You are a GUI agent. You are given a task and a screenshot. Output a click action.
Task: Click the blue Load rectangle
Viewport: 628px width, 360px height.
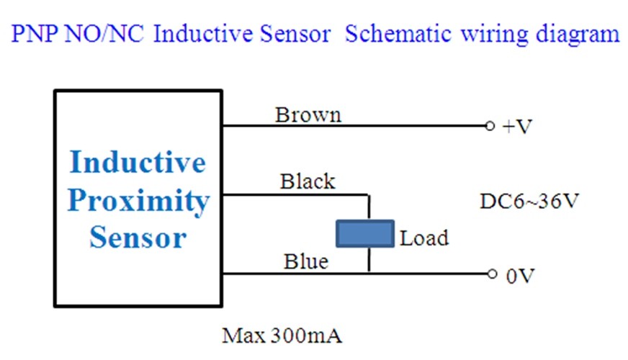pos(365,233)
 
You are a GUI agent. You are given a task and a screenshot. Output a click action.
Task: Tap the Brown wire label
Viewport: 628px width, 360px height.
pos(308,115)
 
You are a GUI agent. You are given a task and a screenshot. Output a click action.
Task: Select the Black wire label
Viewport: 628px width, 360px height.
pos(308,181)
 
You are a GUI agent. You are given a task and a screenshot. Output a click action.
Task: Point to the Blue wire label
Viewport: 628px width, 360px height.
pos(306,261)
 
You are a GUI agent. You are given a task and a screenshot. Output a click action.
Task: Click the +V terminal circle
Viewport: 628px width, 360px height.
pos(490,126)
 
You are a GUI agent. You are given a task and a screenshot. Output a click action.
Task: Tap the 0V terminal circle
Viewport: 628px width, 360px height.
pos(492,274)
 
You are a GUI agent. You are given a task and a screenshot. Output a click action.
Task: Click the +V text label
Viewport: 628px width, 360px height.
pos(517,127)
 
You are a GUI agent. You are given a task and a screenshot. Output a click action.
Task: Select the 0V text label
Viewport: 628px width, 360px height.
pos(520,276)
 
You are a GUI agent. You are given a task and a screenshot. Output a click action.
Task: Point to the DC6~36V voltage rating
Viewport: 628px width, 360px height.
pos(529,201)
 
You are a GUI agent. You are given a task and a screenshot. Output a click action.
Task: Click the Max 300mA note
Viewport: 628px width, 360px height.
pos(282,336)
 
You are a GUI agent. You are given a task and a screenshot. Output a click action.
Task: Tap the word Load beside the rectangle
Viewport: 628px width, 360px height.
pos(424,238)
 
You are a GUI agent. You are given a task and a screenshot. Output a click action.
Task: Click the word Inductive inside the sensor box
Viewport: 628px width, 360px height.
pos(138,162)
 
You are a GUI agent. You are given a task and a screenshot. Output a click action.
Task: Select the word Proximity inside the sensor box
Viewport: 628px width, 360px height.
pos(138,201)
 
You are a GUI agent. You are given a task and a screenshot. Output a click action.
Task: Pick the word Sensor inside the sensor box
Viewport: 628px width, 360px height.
pos(138,238)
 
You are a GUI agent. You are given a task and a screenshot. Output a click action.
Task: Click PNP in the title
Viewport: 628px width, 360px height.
pos(35,34)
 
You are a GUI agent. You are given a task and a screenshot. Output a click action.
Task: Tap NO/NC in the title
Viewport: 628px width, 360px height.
pos(104,34)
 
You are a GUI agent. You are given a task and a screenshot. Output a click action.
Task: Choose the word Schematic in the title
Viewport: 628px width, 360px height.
pos(398,34)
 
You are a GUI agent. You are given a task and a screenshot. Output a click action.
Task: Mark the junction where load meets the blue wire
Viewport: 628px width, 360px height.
pos(369,274)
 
